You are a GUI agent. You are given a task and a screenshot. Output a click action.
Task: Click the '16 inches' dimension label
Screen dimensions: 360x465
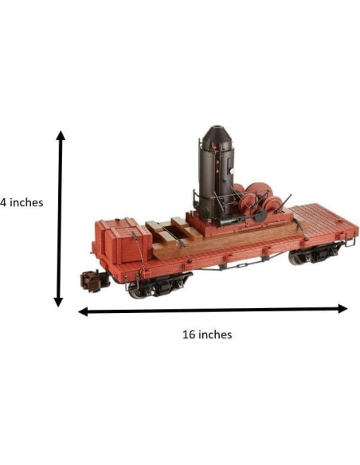pyautogui.click(x=207, y=334)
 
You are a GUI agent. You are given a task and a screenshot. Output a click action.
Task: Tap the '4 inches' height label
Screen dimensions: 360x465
pyautogui.click(x=22, y=202)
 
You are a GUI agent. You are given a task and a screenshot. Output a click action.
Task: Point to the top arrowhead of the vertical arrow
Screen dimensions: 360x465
pyautogui.click(x=61, y=135)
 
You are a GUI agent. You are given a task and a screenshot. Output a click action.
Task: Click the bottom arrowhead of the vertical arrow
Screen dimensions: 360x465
pyautogui.click(x=58, y=303)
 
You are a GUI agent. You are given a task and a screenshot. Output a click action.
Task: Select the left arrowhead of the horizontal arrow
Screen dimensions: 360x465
pyautogui.click(x=83, y=311)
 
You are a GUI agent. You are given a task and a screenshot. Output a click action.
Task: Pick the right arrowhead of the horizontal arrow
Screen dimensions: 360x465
pyautogui.click(x=342, y=309)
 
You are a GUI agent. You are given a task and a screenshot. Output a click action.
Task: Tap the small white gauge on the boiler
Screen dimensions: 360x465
pyautogui.click(x=232, y=171)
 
